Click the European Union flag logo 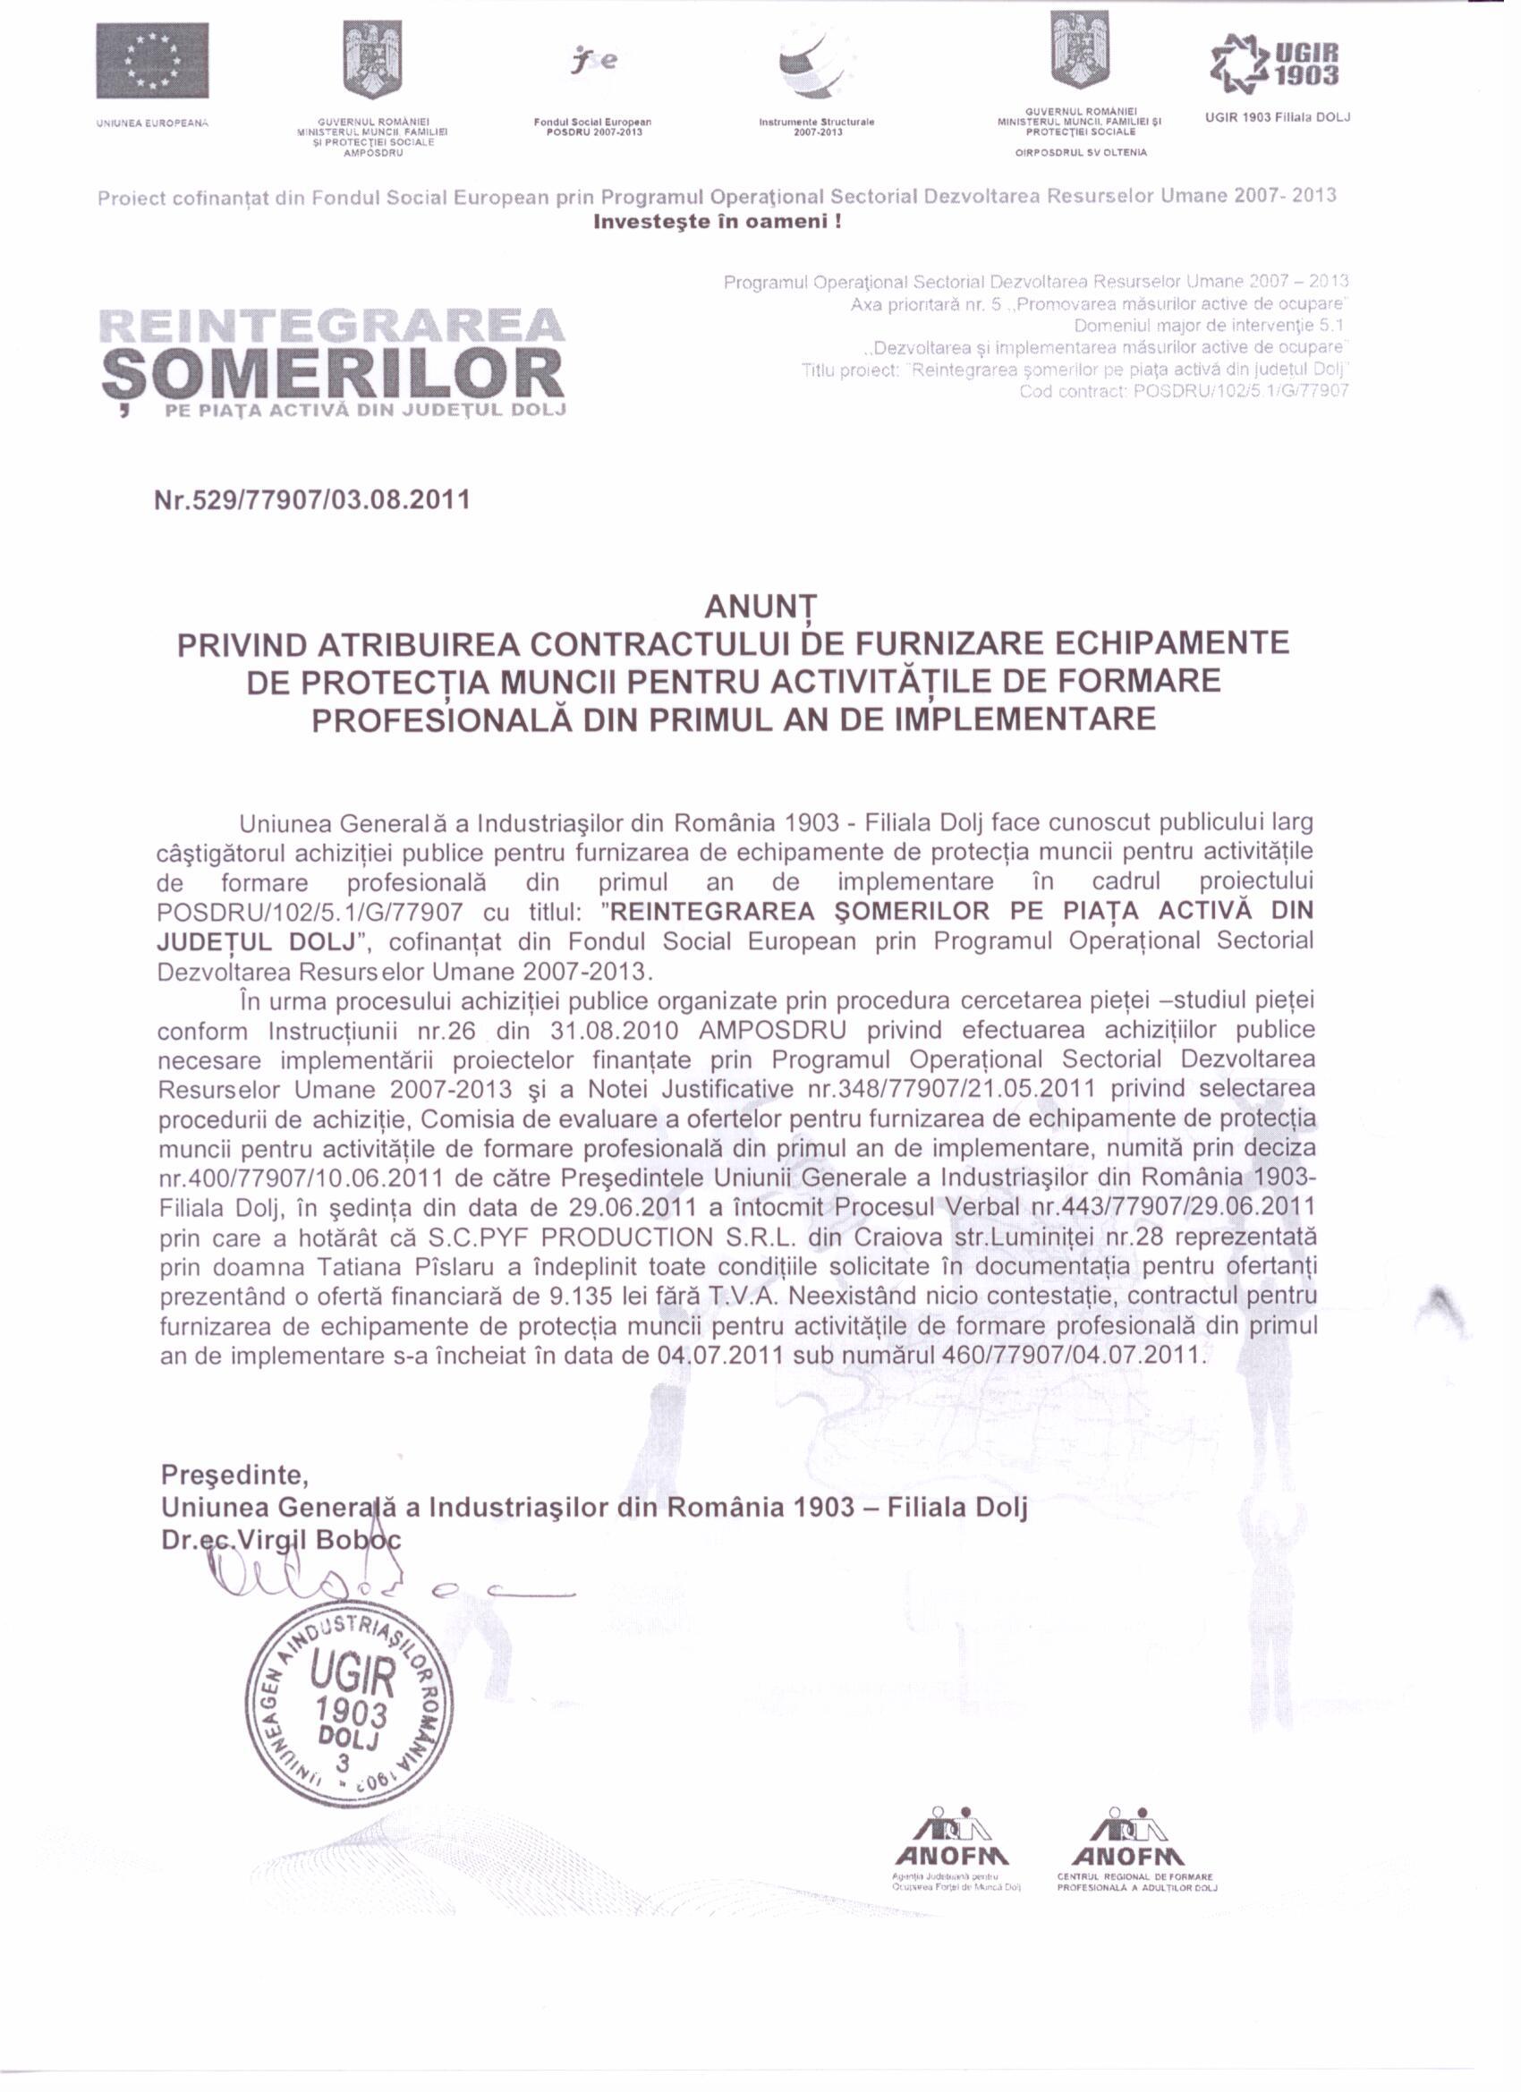[152, 60]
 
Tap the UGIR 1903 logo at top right [1281, 64]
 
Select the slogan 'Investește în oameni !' [717, 222]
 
